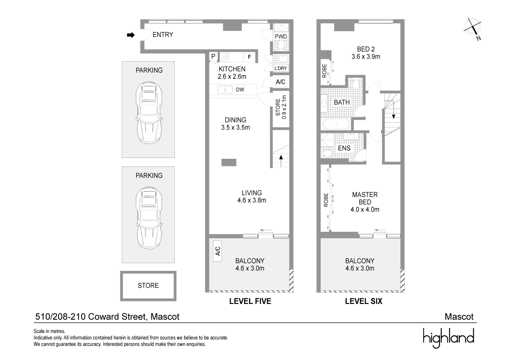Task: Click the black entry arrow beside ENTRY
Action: [131, 35]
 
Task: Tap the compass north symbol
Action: [473, 28]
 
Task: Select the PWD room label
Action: [281, 37]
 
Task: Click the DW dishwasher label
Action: [240, 90]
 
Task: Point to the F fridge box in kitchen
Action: [249, 57]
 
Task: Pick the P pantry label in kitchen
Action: [213, 56]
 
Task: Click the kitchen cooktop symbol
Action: [226, 57]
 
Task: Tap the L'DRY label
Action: [281, 68]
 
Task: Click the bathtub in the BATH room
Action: [336, 124]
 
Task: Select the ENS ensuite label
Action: [344, 148]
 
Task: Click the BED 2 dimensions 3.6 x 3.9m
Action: [366, 56]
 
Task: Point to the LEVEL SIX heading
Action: [364, 301]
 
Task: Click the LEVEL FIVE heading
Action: [250, 301]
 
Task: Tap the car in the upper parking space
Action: [149, 113]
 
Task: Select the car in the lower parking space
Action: [149, 218]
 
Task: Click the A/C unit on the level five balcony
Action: [218, 251]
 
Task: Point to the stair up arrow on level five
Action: [281, 161]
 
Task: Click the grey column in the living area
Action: [229, 162]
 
